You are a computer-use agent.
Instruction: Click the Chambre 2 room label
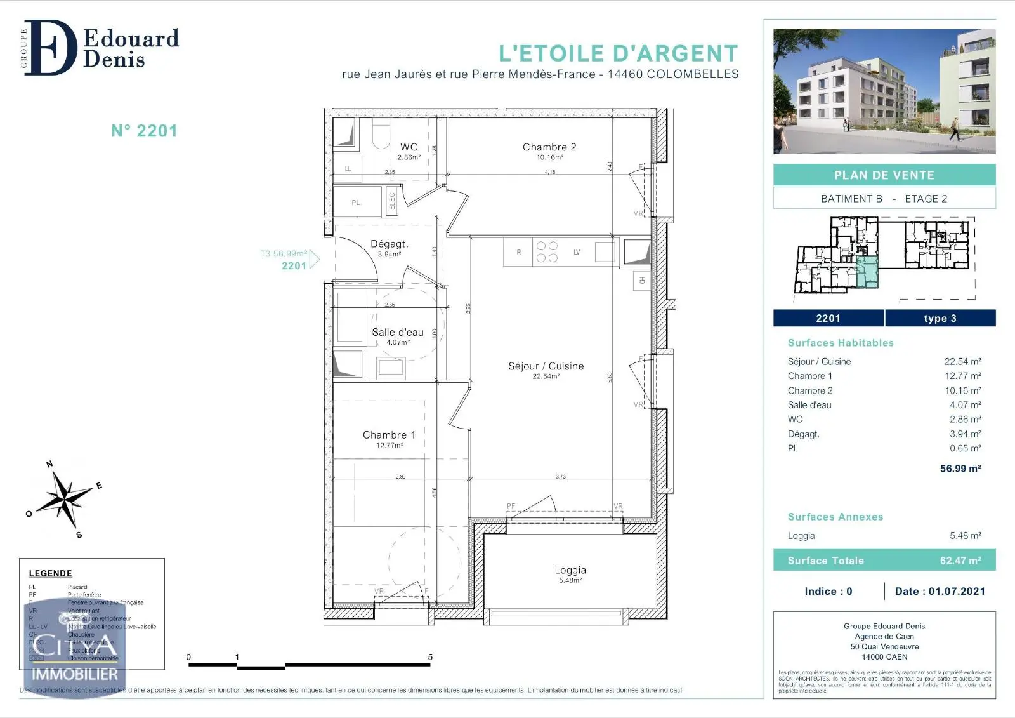click(549, 147)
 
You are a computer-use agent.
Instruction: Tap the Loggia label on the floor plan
click(570, 570)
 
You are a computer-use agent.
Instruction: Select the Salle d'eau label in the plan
click(398, 332)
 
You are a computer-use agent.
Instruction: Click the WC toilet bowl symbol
click(381, 135)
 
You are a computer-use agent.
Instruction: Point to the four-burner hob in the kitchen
click(547, 252)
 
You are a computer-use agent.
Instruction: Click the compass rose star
click(63, 499)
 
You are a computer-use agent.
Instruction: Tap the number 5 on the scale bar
click(430, 657)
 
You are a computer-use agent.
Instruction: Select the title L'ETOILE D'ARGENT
click(619, 53)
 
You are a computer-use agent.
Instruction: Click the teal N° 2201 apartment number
click(144, 131)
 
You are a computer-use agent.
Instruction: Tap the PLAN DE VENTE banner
click(884, 175)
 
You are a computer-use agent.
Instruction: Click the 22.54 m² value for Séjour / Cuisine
click(962, 361)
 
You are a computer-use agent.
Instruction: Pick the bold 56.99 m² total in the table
click(960, 469)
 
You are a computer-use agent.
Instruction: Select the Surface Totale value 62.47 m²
click(960, 561)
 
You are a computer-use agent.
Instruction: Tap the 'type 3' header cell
click(940, 318)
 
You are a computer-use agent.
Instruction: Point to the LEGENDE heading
click(50, 573)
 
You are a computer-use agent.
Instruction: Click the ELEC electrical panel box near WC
click(392, 201)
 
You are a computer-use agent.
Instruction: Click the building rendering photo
click(884, 91)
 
